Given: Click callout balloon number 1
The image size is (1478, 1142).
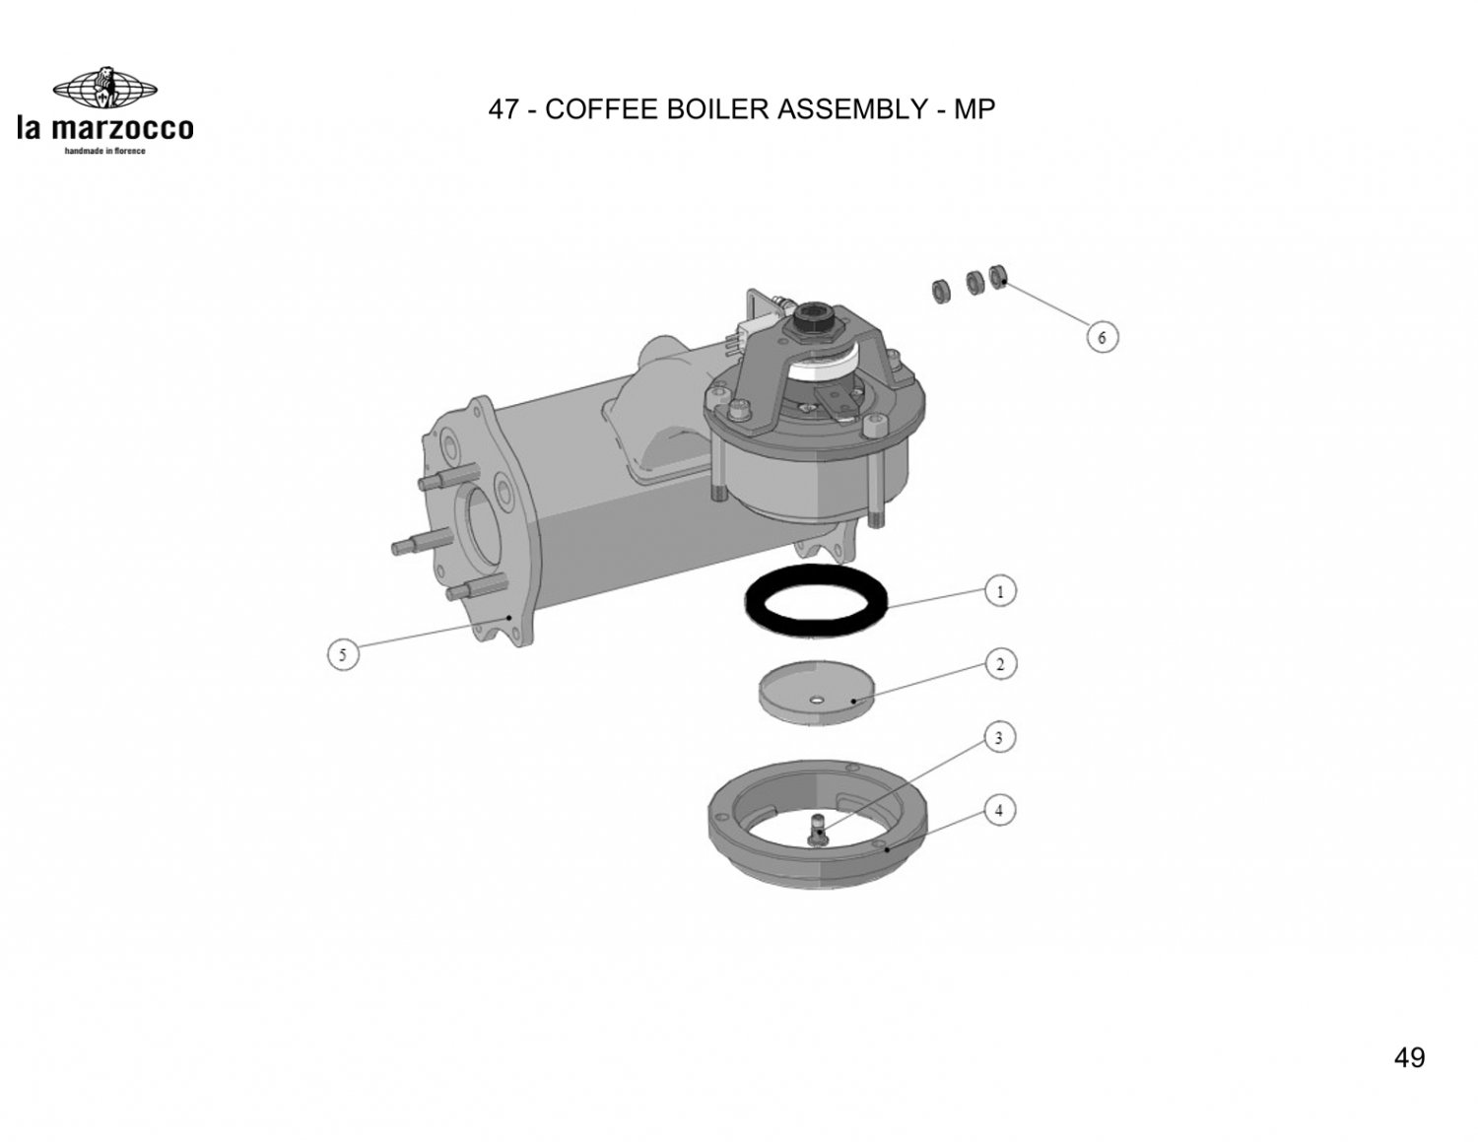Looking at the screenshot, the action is pyautogui.click(x=1000, y=591).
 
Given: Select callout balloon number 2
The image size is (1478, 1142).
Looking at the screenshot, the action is pyautogui.click(x=1000, y=664).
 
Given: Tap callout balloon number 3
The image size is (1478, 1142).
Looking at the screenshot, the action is pyautogui.click(x=998, y=737).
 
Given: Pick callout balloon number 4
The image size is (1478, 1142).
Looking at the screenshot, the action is pyautogui.click(x=998, y=810).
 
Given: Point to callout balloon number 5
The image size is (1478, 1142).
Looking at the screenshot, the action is pyautogui.click(x=343, y=655).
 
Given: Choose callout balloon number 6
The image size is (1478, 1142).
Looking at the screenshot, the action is pyautogui.click(x=1102, y=337).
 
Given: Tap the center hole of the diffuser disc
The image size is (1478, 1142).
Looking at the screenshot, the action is pyautogui.click(x=816, y=700).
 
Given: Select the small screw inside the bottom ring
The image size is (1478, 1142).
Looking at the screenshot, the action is pyautogui.click(x=819, y=829).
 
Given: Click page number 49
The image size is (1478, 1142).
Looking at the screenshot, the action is pyautogui.click(x=1409, y=1057).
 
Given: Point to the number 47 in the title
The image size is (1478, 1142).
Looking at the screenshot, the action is pyautogui.click(x=504, y=108).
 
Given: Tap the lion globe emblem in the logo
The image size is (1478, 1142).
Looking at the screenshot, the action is pyautogui.click(x=105, y=88).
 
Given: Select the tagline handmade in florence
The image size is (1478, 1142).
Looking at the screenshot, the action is pyautogui.click(x=104, y=151).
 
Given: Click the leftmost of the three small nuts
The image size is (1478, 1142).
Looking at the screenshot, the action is pyautogui.click(x=941, y=291).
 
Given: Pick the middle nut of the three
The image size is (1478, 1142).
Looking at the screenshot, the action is pyautogui.click(x=974, y=282).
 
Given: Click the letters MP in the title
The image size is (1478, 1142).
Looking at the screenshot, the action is pyautogui.click(x=974, y=108).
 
